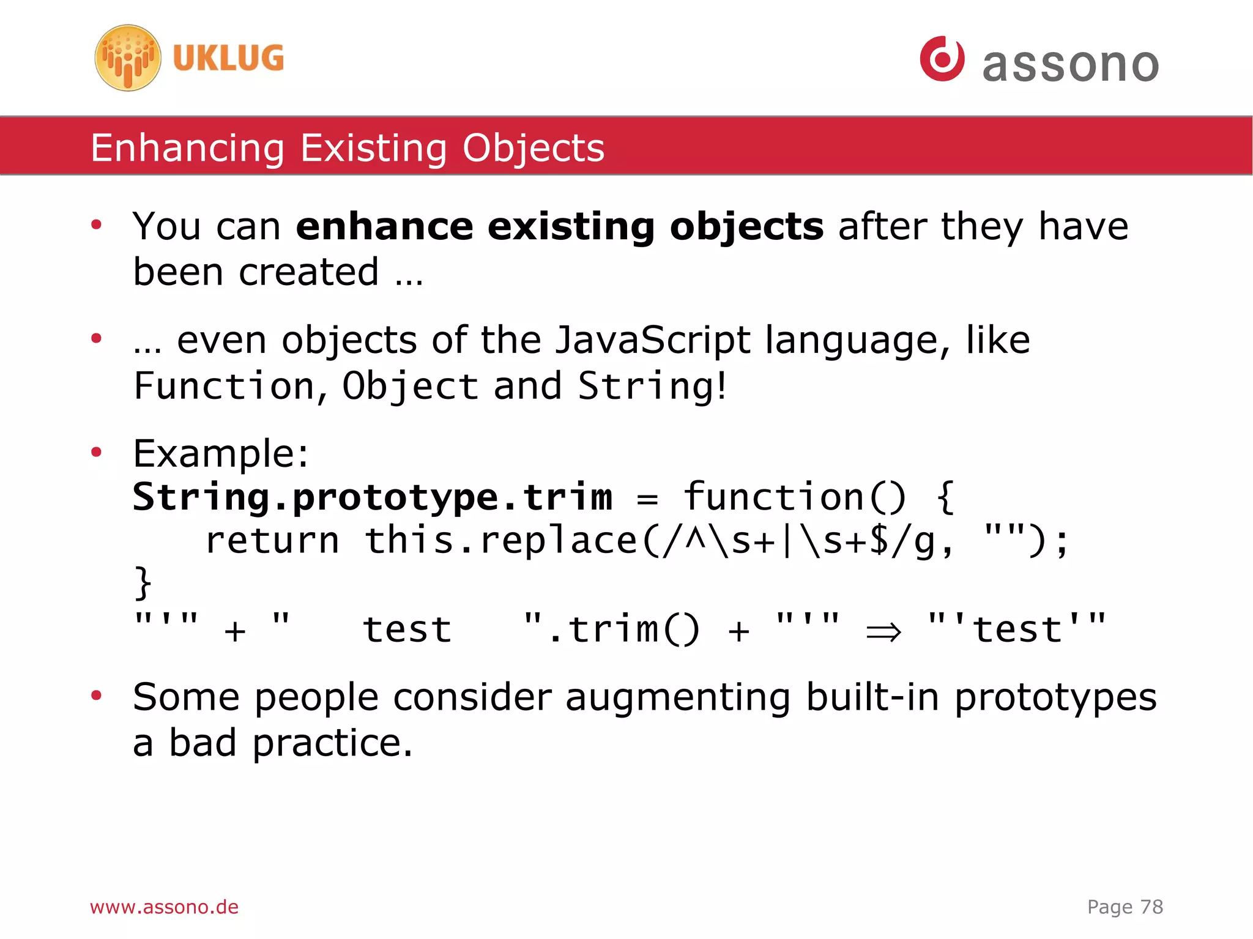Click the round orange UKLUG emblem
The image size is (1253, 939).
(x=127, y=58)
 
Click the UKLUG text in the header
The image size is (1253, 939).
(x=228, y=59)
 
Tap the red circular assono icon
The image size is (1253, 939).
(x=942, y=59)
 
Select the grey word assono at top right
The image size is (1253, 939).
(x=1070, y=64)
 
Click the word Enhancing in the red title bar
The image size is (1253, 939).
(x=187, y=148)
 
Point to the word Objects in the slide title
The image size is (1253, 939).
(x=533, y=148)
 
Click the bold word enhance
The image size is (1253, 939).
(x=384, y=226)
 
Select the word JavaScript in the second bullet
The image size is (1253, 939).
(x=652, y=340)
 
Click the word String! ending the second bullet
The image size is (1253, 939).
(x=652, y=387)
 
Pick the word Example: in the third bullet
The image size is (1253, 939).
(x=221, y=454)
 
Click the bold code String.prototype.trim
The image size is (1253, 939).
(x=372, y=497)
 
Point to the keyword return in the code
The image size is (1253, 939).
(x=272, y=541)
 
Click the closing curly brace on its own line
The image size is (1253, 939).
(x=143, y=583)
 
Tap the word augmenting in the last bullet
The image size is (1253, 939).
(x=677, y=697)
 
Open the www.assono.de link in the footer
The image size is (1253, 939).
(x=164, y=907)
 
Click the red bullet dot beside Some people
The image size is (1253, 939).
(x=96, y=695)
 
